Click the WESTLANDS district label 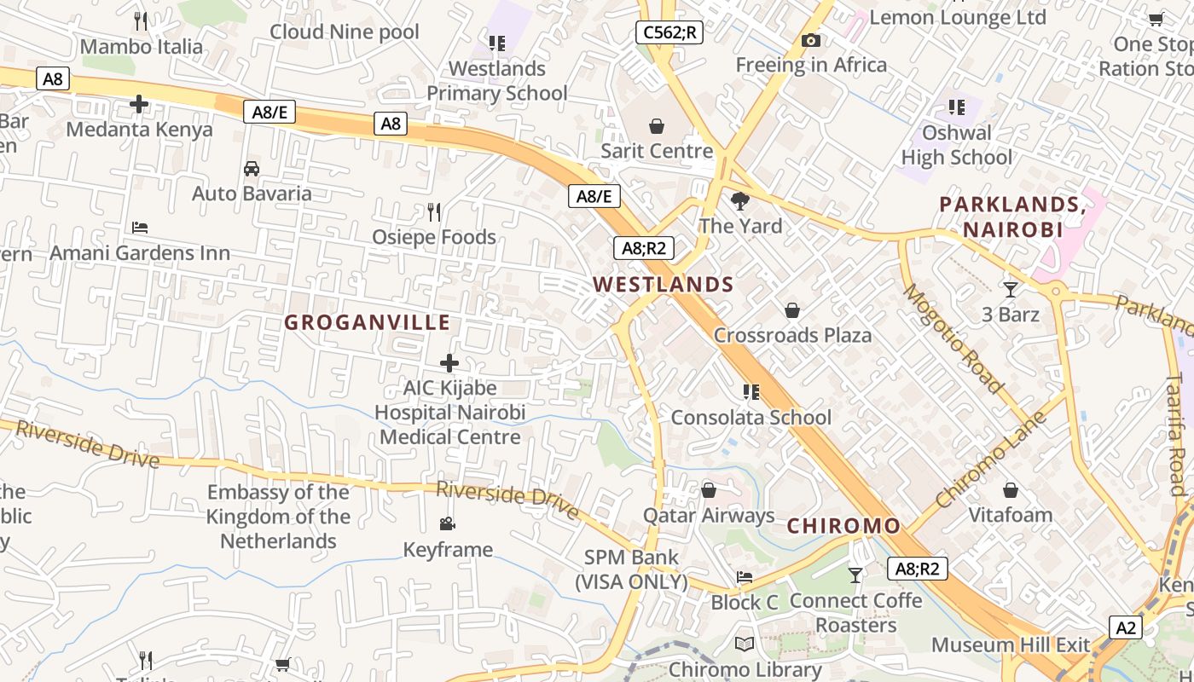click(x=664, y=285)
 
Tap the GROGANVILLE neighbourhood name click(x=367, y=322)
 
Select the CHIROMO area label click(x=843, y=526)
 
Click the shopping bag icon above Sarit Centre click(x=657, y=126)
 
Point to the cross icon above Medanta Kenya click(x=139, y=105)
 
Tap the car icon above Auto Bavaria click(x=252, y=168)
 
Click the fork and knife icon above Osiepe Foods click(x=434, y=211)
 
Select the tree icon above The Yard click(x=740, y=201)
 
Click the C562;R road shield click(x=669, y=33)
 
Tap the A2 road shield click(x=1127, y=627)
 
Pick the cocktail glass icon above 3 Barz click(x=1011, y=290)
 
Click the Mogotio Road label click(x=953, y=338)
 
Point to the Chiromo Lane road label click(x=991, y=460)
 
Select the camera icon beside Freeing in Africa click(x=811, y=40)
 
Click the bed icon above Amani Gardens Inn click(x=140, y=228)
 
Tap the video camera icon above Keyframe click(x=447, y=523)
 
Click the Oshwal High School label click(x=957, y=145)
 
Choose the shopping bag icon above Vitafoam click(x=1011, y=490)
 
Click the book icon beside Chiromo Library click(x=745, y=644)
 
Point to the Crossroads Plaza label click(x=792, y=335)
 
